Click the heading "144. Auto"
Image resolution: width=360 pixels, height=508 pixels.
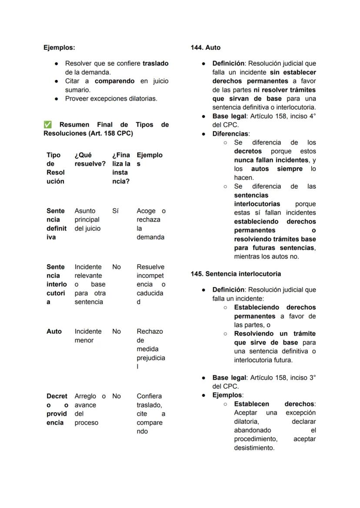point(206,47)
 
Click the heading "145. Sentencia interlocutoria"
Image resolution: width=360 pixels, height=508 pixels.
point(236,274)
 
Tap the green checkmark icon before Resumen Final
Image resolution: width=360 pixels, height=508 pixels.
point(47,125)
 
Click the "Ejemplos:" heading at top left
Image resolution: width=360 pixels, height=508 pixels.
point(59,47)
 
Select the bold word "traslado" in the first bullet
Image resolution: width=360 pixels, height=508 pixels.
point(155,63)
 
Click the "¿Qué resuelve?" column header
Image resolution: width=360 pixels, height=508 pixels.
point(90,159)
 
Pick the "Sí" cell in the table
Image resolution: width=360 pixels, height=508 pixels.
point(115,211)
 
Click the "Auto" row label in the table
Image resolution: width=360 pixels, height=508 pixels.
point(54,331)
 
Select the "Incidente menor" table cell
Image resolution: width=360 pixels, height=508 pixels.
point(88,335)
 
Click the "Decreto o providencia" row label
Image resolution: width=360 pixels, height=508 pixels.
point(57,409)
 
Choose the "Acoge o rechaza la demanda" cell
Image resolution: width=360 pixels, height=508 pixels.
point(150,224)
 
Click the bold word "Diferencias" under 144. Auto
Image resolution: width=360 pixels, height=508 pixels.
point(230,134)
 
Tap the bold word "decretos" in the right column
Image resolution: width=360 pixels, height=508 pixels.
point(248,151)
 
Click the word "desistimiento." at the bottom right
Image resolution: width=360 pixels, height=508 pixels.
point(254,448)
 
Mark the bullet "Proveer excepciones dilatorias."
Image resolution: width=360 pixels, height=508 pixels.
point(111,99)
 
